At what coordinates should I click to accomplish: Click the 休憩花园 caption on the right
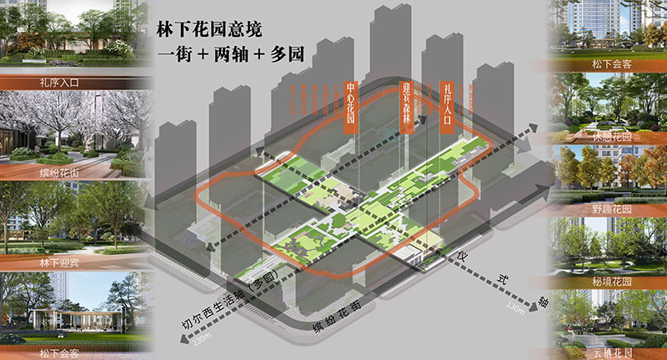pyautogui.click(x=611, y=136)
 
